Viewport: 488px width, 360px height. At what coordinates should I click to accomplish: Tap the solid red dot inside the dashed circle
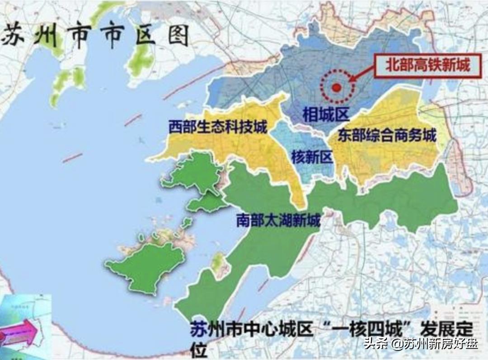[x=336, y=88]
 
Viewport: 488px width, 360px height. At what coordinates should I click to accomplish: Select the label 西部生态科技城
[x=218, y=127]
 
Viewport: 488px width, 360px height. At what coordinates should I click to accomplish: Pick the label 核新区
[x=312, y=157]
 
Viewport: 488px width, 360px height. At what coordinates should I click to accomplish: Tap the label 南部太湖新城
[x=278, y=221]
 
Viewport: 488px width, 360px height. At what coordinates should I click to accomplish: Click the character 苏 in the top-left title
[x=14, y=35]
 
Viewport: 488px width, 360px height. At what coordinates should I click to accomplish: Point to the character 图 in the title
[x=178, y=35]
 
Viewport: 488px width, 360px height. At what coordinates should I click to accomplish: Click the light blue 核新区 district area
[x=312, y=145]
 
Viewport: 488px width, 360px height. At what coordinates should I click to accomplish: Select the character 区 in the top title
[x=144, y=35]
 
